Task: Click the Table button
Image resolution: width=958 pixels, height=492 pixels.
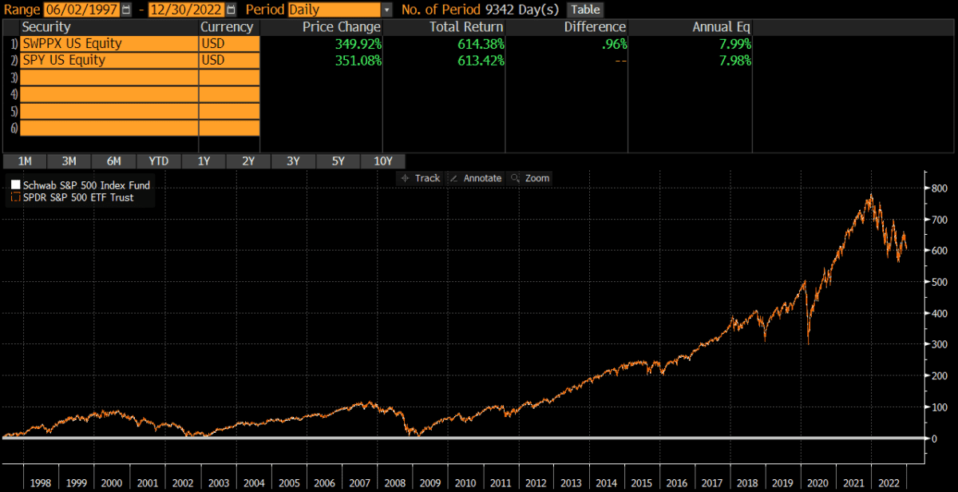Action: [x=584, y=10]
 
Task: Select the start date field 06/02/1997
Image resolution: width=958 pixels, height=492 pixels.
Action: [x=81, y=10]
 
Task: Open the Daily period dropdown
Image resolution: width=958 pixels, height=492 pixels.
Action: [x=387, y=10]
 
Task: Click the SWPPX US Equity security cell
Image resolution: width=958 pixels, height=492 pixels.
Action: [x=109, y=43]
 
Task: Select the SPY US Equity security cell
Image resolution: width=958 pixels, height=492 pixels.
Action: [x=109, y=60]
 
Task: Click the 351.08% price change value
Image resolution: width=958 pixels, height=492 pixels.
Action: [x=354, y=60]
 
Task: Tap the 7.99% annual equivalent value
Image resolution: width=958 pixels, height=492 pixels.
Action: [x=735, y=43]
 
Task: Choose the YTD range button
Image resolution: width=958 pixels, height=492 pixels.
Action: [x=159, y=161]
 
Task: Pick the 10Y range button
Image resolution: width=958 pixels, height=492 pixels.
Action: [x=382, y=161]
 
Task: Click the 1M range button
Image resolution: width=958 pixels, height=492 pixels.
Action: [x=25, y=161]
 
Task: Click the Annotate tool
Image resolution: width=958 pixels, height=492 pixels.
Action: [x=476, y=178]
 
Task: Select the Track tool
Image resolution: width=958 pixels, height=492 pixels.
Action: [x=421, y=178]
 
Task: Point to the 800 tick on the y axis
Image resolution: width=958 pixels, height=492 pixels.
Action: [x=940, y=188]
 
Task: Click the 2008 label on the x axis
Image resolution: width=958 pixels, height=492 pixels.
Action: [x=395, y=483]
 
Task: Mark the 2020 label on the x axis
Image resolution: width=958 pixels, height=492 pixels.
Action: [x=817, y=483]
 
